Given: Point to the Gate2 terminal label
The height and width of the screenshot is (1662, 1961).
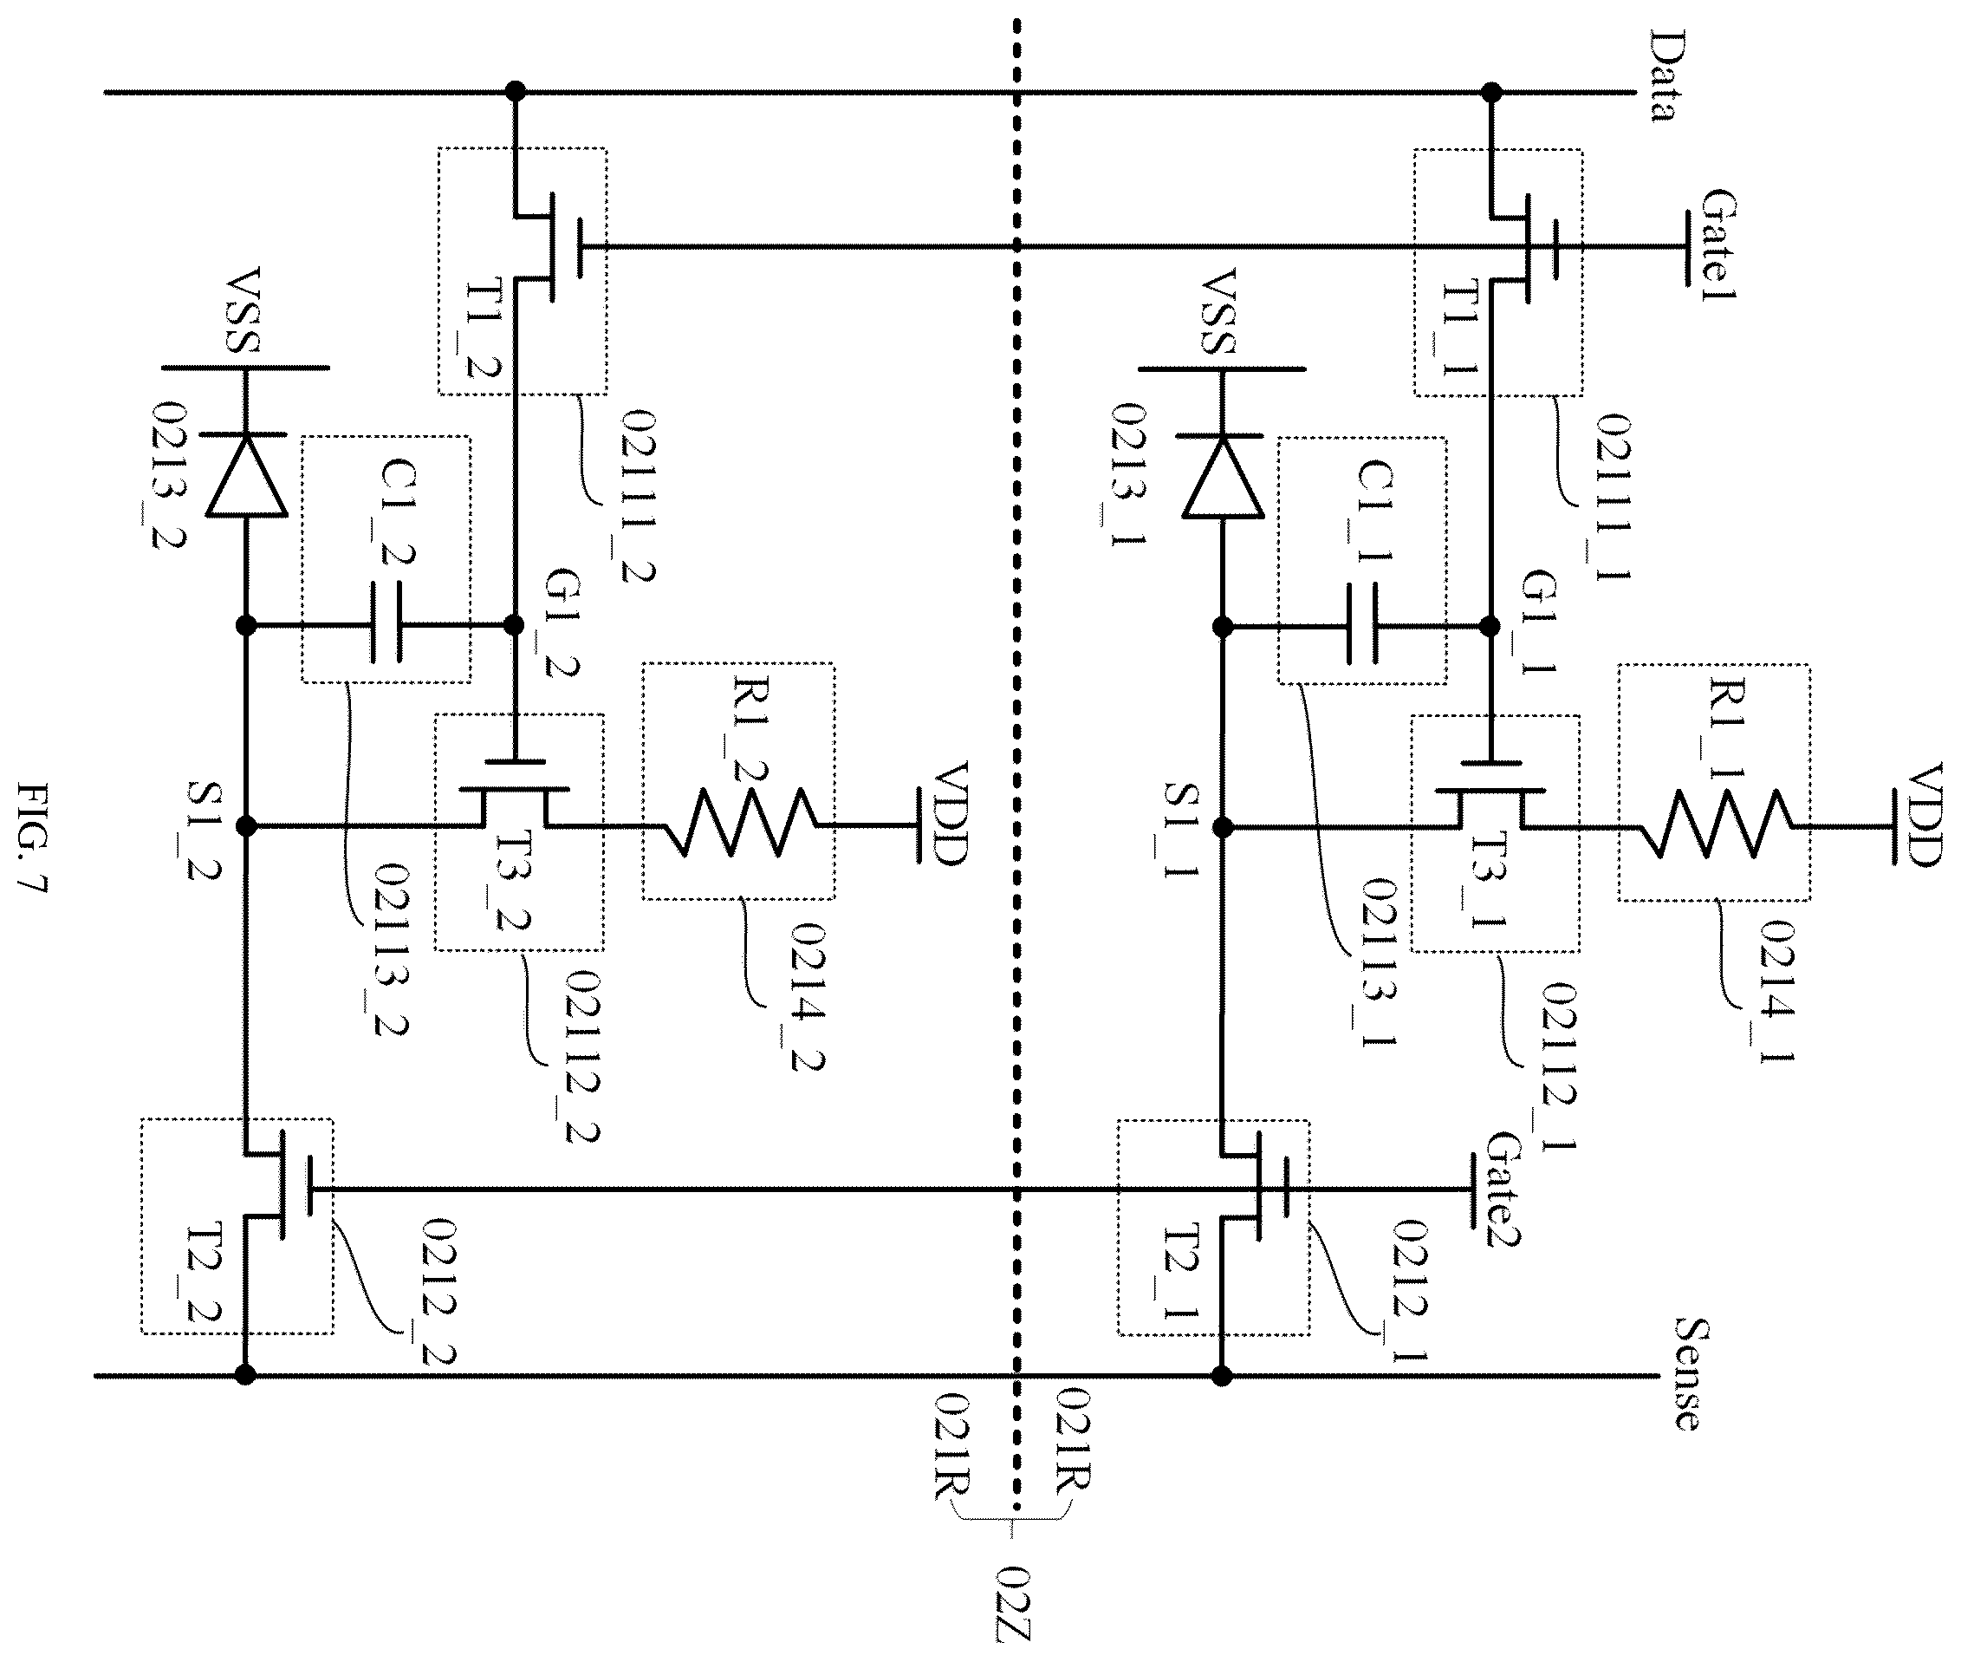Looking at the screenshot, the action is pyautogui.click(x=1504, y=1188).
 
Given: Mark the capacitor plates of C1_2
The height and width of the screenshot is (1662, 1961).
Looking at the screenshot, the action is pyautogui.click(x=386, y=622).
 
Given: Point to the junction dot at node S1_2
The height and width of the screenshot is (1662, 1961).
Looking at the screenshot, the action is pyautogui.click(x=246, y=826).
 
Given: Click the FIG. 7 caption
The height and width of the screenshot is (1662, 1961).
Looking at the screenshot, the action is pyautogui.click(x=32, y=838).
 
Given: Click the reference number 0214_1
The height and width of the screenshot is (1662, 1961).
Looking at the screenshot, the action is pyautogui.click(x=1777, y=991).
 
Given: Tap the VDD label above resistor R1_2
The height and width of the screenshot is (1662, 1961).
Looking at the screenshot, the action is pyautogui.click(x=951, y=813).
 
